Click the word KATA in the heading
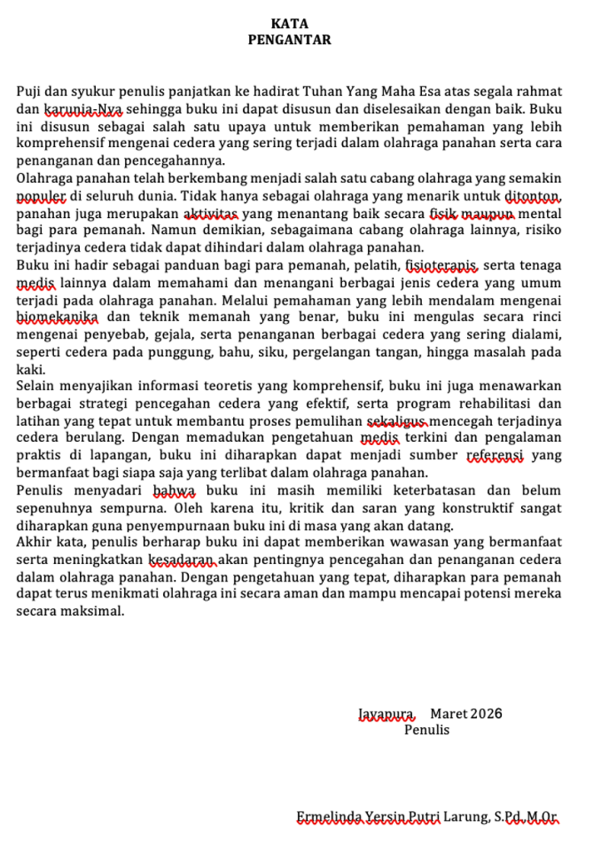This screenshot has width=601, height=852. coord(289,23)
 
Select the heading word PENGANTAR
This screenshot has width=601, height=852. coord(289,38)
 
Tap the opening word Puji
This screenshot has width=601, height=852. coord(30,91)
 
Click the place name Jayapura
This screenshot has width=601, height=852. coord(386,714)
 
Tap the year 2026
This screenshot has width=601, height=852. coord(486,714)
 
